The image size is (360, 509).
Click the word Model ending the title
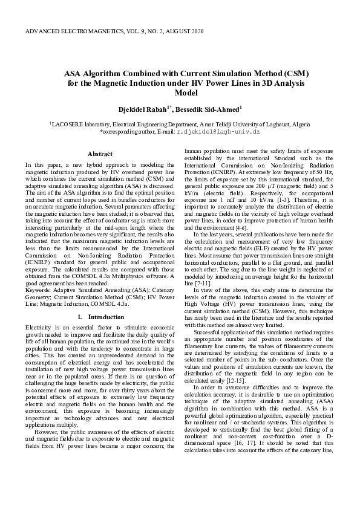[x=180, y=93]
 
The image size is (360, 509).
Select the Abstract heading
[x=100, y=154]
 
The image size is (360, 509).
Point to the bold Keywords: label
[x=38, y=291]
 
